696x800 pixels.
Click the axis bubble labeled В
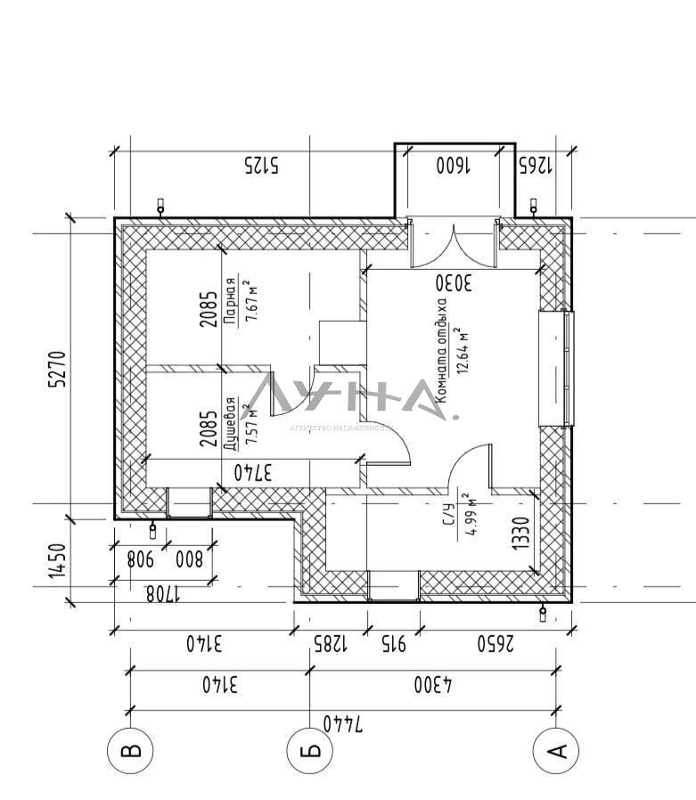130,751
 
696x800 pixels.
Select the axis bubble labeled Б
309,751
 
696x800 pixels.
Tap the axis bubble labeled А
555,751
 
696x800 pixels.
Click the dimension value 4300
433,685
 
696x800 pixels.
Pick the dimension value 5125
260,164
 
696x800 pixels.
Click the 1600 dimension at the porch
454,164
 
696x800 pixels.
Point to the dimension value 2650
494,642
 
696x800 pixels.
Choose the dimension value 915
394,642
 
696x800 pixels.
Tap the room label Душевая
230,420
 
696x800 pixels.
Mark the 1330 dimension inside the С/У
523,535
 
